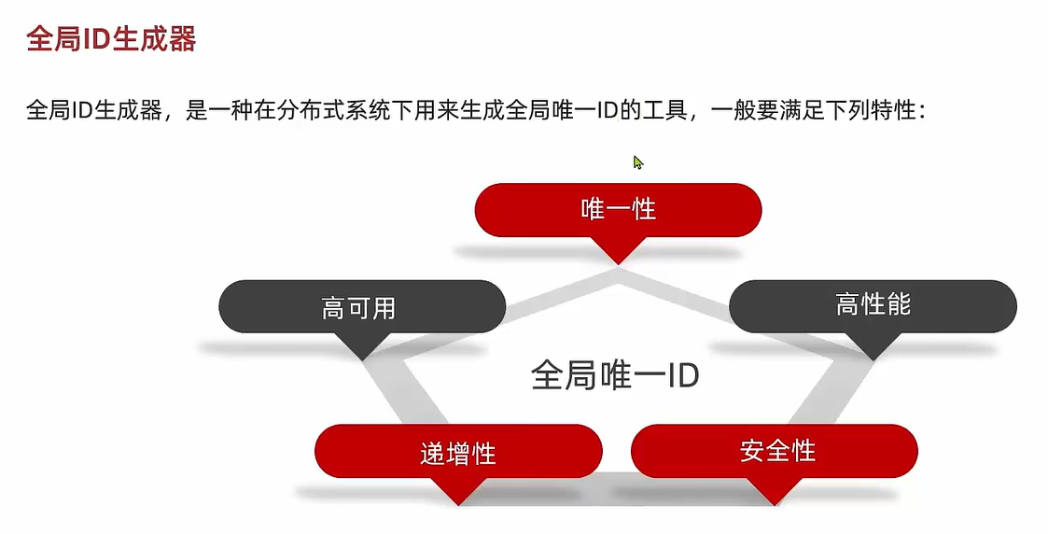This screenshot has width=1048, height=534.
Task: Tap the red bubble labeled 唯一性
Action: pos(618,209)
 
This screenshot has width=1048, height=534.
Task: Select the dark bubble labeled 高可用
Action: pos(361,307)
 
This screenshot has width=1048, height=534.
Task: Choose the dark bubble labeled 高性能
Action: pos(873,304)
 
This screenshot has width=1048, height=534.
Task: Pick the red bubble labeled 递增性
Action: pos(457,453)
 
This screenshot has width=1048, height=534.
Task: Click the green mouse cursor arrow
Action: pos(637,162)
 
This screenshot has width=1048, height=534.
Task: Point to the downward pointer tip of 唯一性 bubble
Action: pos(618,261)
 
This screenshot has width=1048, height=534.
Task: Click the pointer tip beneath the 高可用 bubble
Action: pos(361,358)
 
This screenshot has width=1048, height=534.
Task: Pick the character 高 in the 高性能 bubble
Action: pos(847,304)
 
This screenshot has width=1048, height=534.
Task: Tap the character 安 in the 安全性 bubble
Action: pos(752,451)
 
